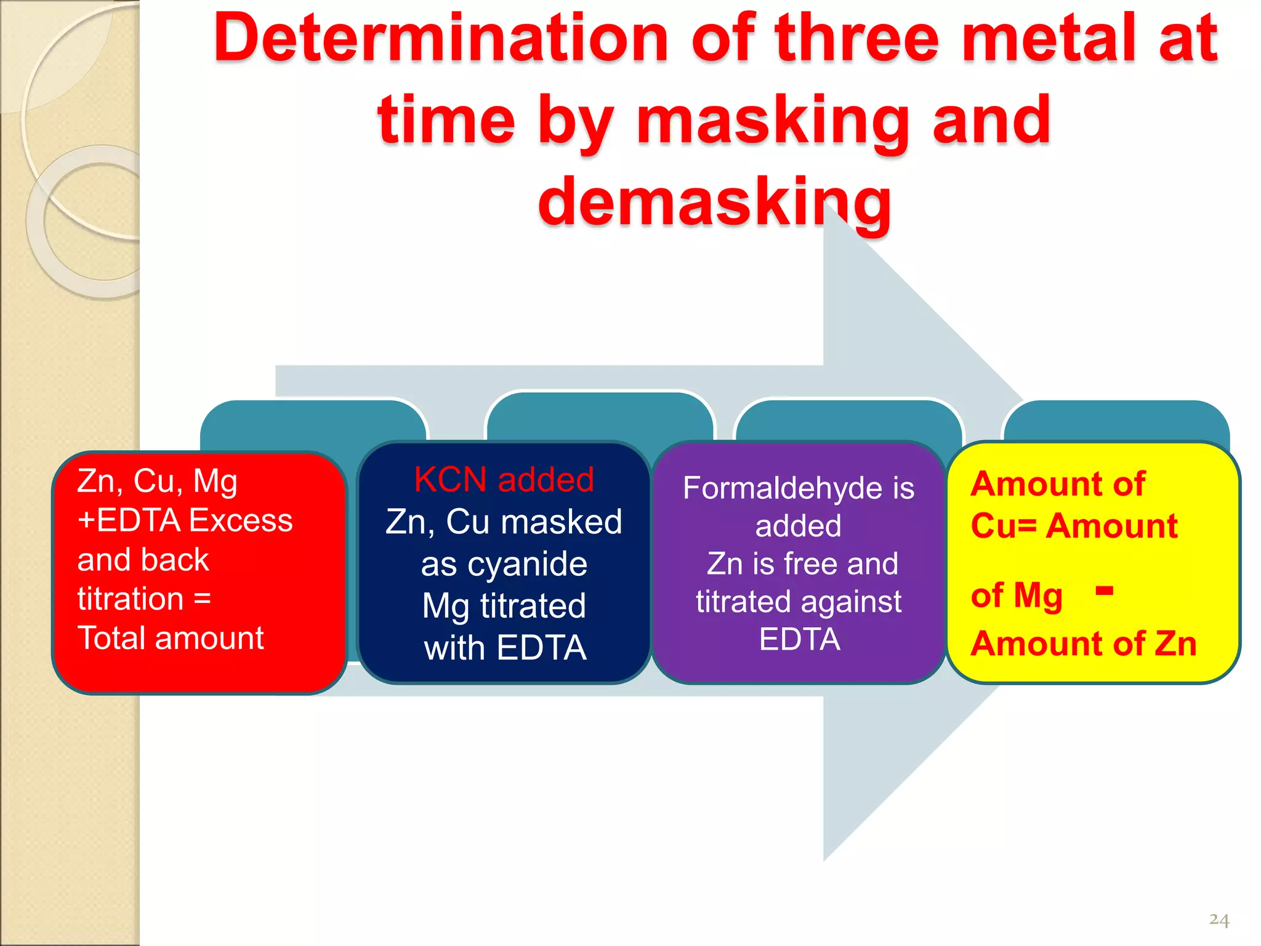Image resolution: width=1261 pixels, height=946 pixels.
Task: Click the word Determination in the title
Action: [440, 38]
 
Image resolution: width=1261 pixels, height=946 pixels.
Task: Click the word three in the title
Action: [856, 38]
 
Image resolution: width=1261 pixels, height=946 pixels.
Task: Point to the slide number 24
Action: [1219, 920]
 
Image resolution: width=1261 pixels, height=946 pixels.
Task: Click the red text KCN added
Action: [504, 479]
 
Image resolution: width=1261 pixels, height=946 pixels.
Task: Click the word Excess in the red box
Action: [241, 520]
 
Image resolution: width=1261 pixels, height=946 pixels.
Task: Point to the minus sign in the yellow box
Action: [1105, 591]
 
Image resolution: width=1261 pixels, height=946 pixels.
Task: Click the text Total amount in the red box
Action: [171, 638]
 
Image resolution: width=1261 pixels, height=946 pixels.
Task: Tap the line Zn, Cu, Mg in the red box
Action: [158, 481]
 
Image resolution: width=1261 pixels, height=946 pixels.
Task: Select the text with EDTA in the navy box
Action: [505, 648]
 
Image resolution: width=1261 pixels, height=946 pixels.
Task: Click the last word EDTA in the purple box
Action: [799, 639]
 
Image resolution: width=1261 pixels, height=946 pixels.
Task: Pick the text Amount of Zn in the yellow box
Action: [1084, 644]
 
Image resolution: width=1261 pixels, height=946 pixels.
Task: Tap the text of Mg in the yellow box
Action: [1017, 596]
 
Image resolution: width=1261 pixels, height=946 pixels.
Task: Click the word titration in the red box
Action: [131, 599]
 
